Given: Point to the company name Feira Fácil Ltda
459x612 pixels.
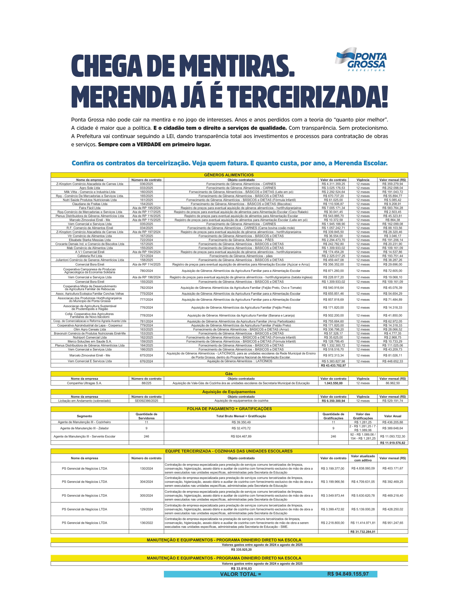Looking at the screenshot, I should [90, 208].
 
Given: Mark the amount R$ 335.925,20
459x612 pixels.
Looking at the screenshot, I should [241, 549].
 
